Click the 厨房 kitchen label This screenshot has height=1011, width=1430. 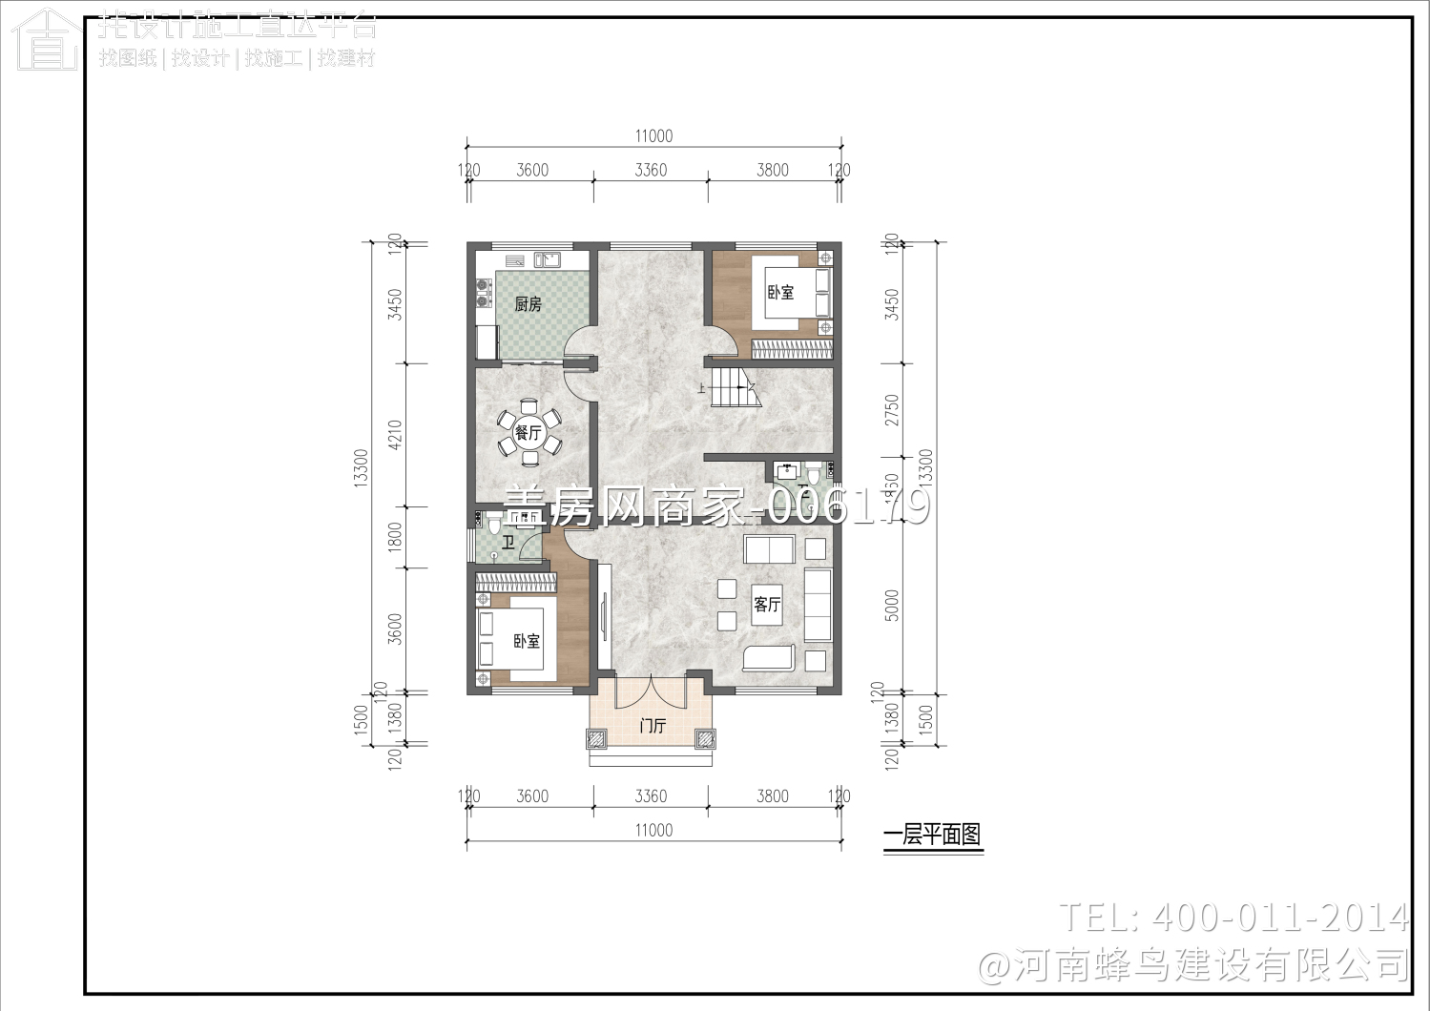pos(528,304)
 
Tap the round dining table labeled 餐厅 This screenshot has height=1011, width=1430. pos(528,433)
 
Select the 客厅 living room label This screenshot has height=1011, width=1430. pos(766,605)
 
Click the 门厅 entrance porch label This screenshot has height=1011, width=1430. pos(653,726)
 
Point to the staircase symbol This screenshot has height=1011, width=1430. pos(736,388)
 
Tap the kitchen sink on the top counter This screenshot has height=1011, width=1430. pos(547,259)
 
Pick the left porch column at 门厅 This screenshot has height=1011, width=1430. pos(596,739)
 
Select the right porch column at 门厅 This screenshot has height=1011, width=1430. pos(705,739)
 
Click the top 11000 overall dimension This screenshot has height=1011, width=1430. pos(653,135)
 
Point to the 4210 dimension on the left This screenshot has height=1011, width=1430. pos(395,435)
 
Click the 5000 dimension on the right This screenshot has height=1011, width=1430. pos(892,605)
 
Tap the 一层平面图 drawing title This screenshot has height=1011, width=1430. pos(932,835)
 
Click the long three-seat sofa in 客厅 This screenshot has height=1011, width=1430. pos(818,605)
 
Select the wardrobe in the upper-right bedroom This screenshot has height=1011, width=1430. pos(792,350)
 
